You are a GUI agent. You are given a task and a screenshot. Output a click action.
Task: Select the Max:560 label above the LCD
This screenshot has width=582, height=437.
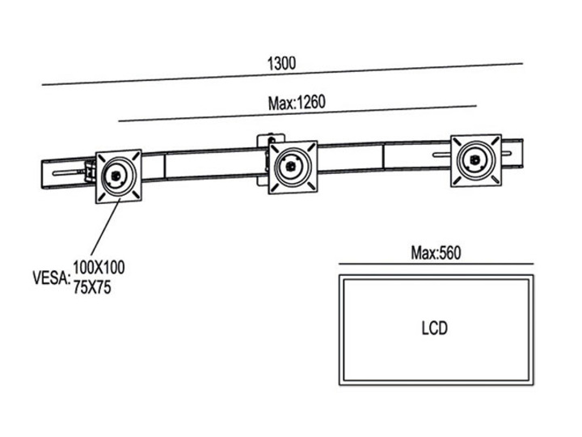(435, 253)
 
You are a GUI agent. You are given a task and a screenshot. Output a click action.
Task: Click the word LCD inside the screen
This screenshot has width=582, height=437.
(434, 329)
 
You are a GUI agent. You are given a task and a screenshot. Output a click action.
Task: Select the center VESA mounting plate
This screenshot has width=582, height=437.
(292, 167)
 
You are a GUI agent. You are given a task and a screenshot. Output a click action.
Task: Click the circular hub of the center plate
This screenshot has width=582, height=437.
(290, 168)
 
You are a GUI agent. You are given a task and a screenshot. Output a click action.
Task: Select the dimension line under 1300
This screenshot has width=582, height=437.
(283, 74)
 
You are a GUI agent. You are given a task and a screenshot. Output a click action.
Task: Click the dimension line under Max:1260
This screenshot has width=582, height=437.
(297, 114)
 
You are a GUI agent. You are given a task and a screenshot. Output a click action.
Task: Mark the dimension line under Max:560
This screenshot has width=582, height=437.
(435, 264)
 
